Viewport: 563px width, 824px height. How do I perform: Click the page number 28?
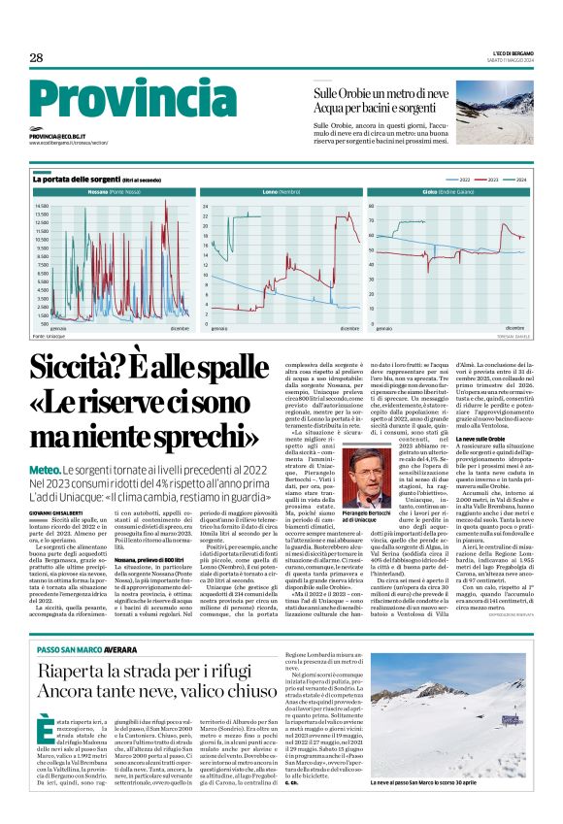(x=36, y=58)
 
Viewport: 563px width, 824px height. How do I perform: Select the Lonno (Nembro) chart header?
(x=281, y=193)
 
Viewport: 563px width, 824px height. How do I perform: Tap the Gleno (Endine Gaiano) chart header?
(x=449, y=193)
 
